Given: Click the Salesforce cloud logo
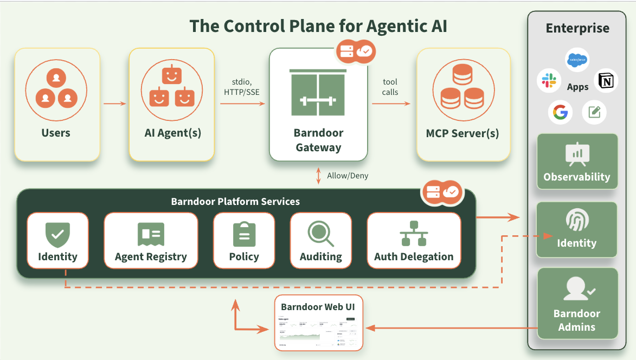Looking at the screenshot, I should click(577, 60).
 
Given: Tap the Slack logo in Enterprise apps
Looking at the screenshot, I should click(549, 81).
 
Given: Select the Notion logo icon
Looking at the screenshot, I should click(606, 81).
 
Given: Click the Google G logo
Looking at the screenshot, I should click(560, 112).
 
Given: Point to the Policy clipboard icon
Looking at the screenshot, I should click(244, 234).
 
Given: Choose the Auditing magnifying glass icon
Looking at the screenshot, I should click(320, 234).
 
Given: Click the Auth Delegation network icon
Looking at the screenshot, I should click(414, 234).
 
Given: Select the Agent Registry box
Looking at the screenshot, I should click(151, 240).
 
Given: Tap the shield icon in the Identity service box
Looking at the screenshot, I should click(57, 234).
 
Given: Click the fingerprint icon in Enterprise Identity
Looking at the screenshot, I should click(576, 221).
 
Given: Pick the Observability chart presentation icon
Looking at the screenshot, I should click(577, 155).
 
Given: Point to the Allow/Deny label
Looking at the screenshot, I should click(348, 176).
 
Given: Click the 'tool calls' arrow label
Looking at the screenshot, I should click(390, 87).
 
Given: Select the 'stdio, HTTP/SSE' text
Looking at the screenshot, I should click(241, 87).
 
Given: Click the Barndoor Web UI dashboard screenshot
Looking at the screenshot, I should click(318, 331).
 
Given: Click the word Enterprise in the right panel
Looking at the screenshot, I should click(577, 29).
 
